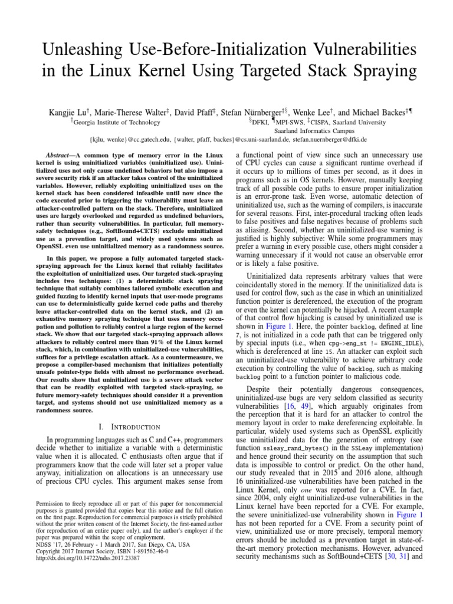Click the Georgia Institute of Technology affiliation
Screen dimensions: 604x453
[x=116, y=122]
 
